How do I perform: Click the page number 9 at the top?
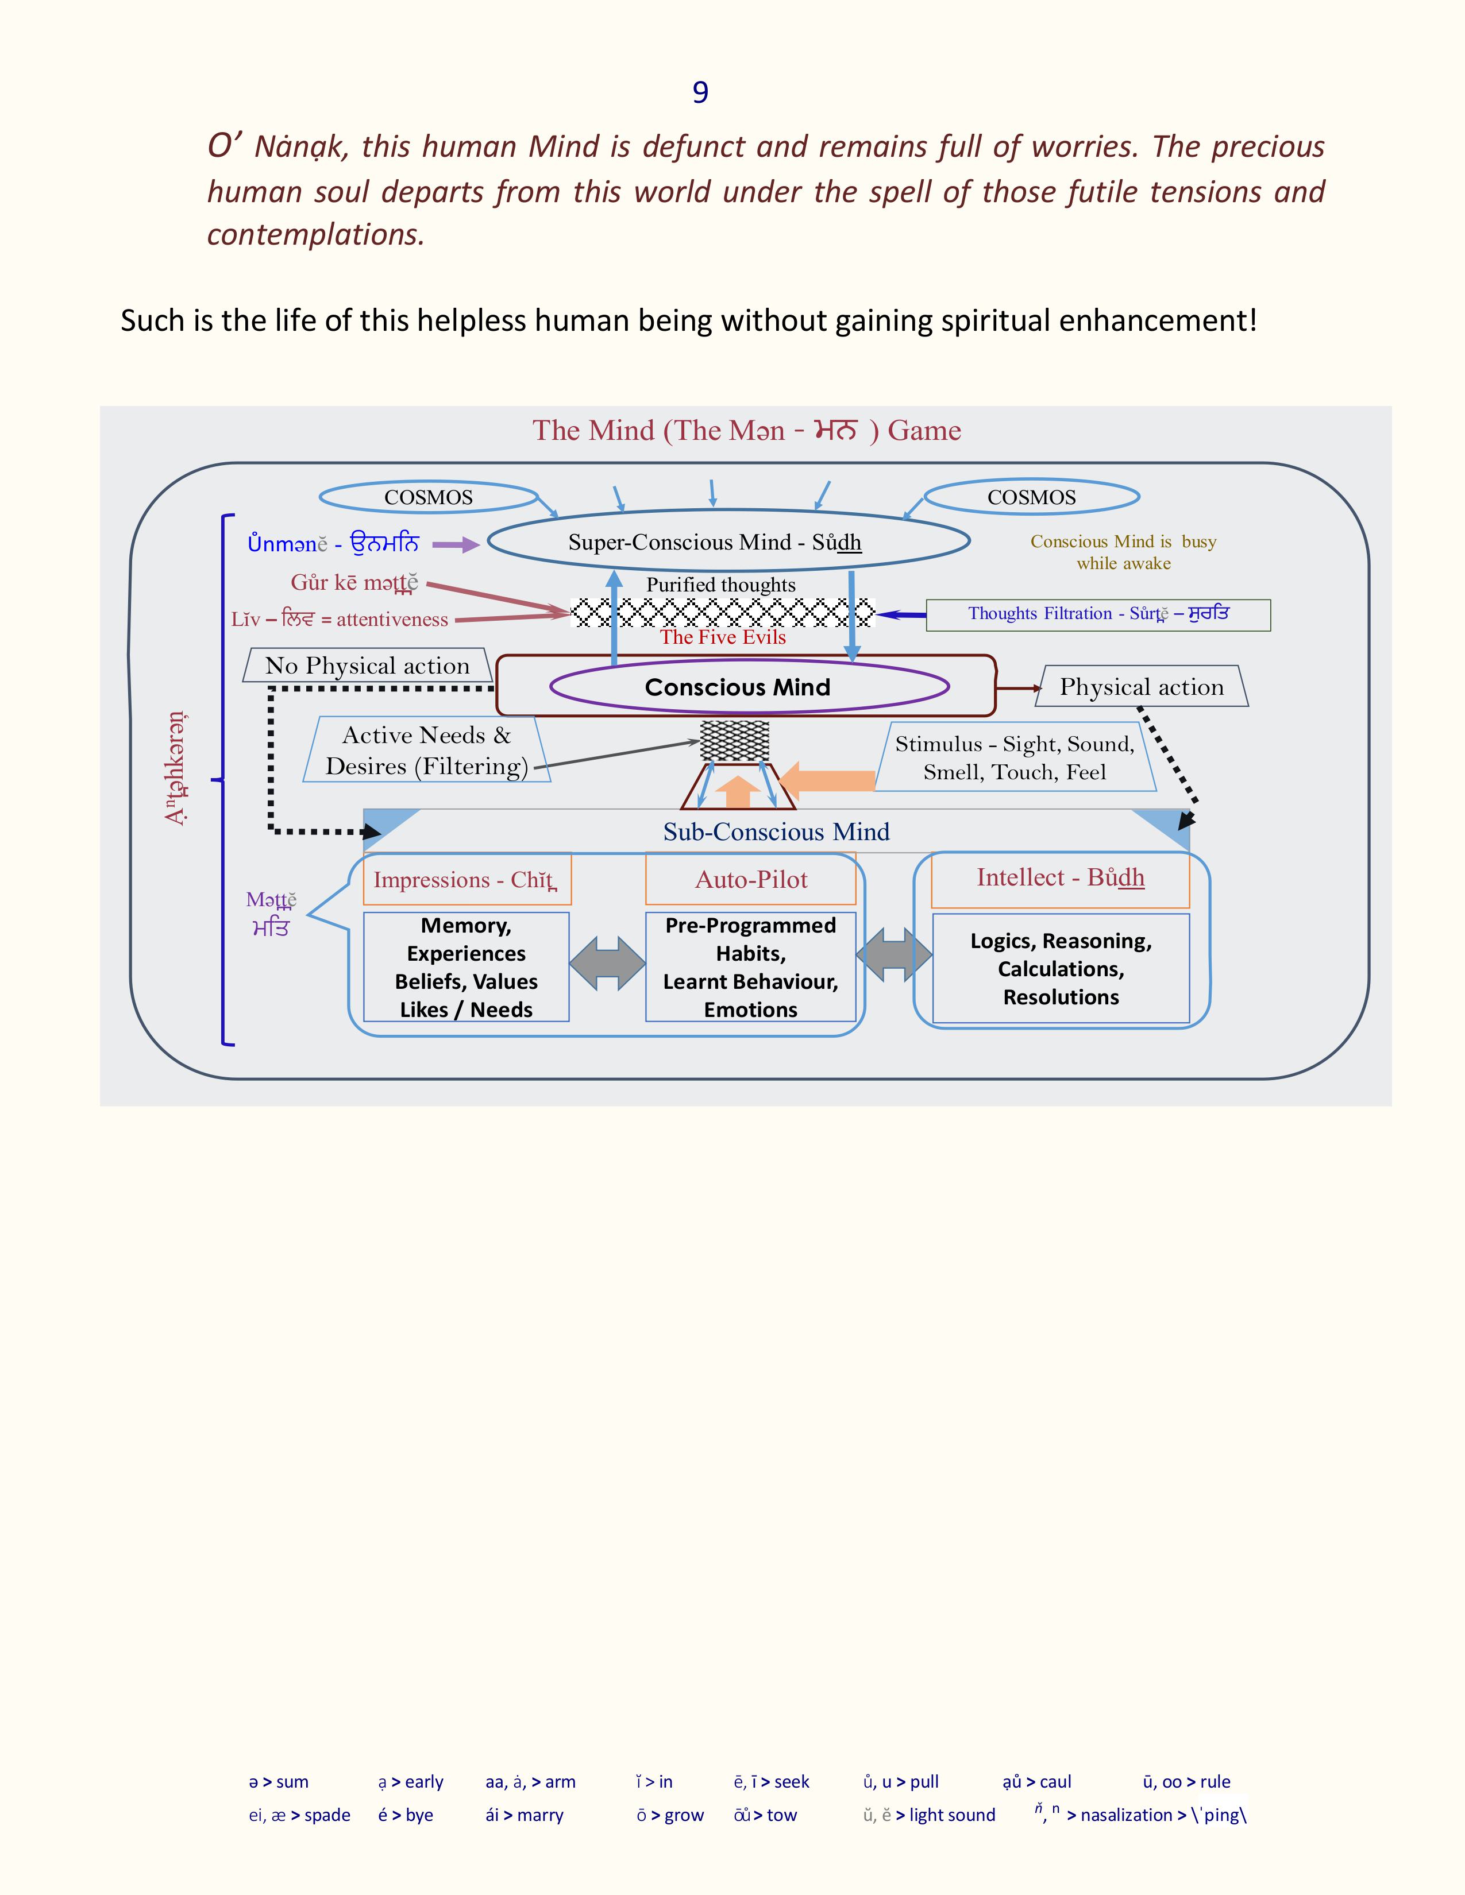pos(700,92)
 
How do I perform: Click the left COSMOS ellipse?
pos(429,497)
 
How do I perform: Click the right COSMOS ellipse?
pos(1031,497)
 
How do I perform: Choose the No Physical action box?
pos(367,666)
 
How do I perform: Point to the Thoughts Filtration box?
pos(1098,614)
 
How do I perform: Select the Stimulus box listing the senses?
pos(1015,757)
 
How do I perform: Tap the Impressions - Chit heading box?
pos(467,880)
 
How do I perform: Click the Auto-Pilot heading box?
pos(751,880)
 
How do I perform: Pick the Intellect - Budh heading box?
pos(1060,878)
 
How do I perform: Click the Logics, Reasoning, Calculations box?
pos(1061,968)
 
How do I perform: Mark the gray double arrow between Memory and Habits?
pos(607,963)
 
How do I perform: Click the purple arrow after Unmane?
pos(456,545)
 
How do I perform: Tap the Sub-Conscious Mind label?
pos(776,832)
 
